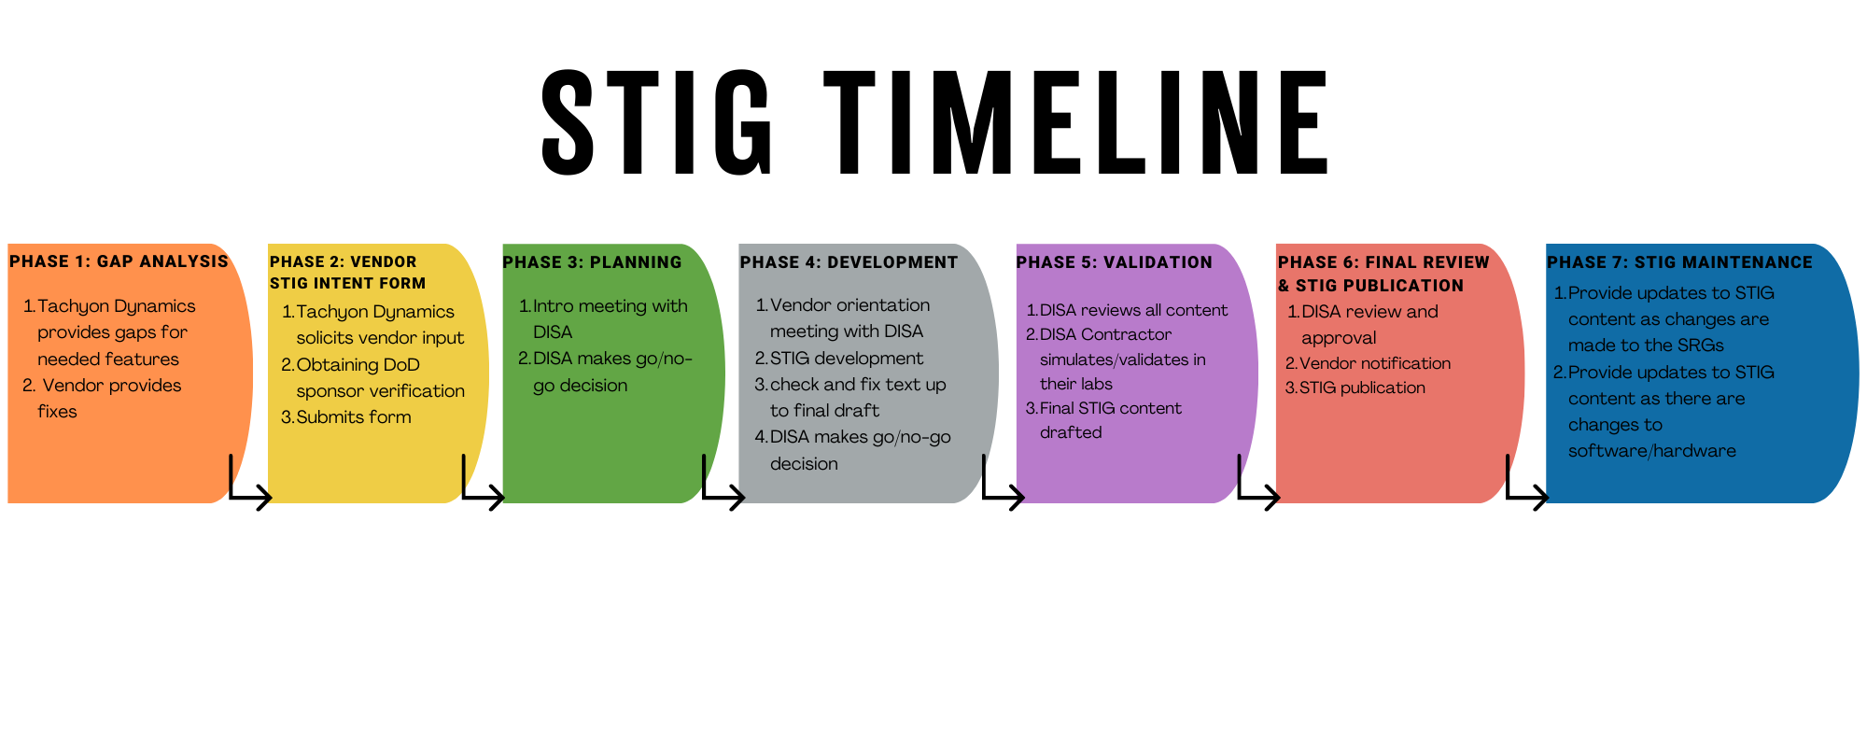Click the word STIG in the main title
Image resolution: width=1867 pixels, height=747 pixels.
point(657,122)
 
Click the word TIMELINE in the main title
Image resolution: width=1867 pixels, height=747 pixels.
point(1076,122)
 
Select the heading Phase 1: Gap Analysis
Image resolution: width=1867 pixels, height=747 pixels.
point(119,261)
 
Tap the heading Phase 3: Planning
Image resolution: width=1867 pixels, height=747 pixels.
point(592,262)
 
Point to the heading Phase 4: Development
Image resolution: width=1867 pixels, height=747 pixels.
point(849,262)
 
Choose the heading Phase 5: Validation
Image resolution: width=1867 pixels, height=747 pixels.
point(1115,262)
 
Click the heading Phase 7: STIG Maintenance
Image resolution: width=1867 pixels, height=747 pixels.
point(1679,262)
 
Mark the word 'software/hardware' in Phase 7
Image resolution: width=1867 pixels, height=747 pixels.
point(1651,451)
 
